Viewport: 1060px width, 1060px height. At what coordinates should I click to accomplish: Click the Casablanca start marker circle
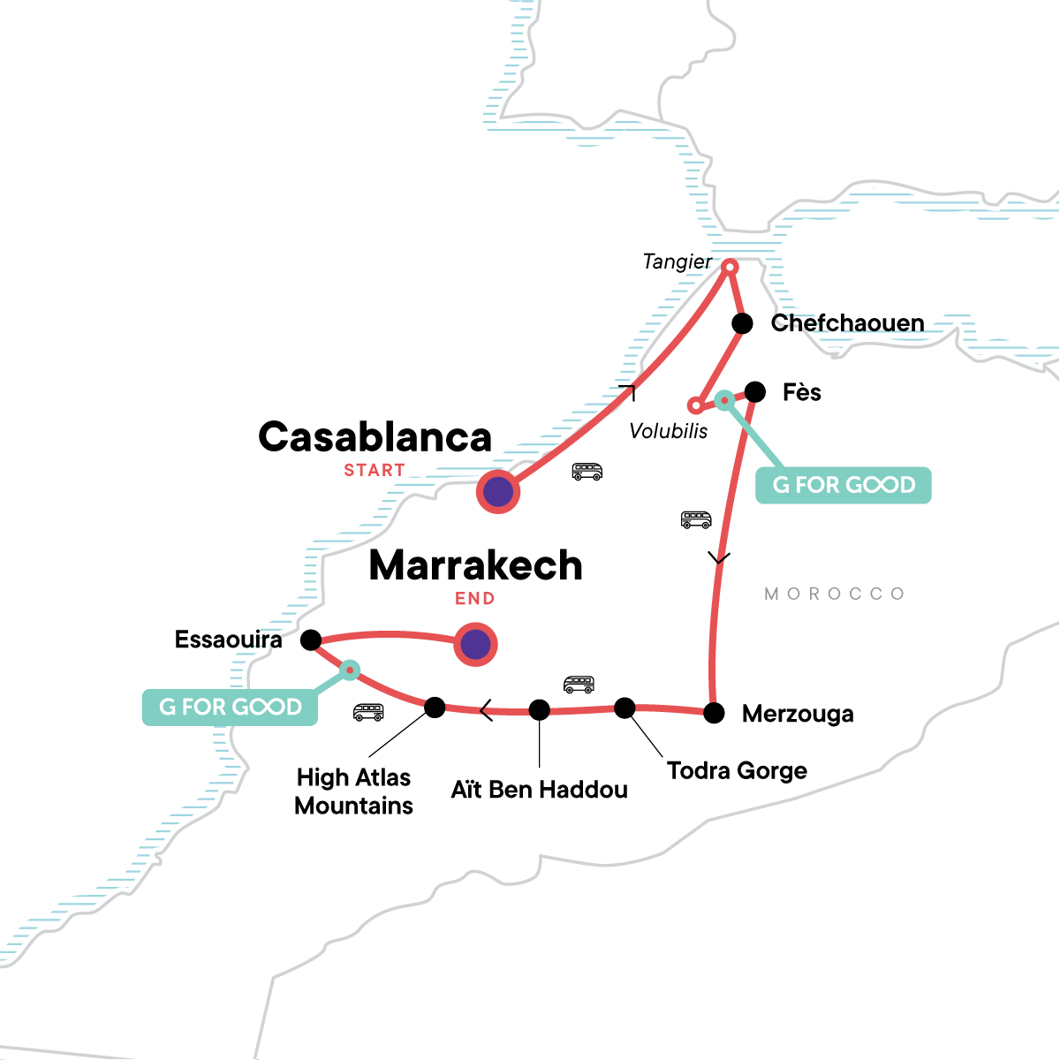coord(498,492)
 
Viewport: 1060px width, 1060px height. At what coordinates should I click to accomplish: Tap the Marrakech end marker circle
coord(475,645)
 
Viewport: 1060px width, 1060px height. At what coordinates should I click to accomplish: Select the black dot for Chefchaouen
coord(743,323)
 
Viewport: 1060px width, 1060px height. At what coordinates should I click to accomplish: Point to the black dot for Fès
coord(755,391)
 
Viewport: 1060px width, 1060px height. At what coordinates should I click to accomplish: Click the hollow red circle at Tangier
coord(731,266)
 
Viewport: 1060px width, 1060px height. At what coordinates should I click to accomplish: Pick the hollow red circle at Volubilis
coord(696,405)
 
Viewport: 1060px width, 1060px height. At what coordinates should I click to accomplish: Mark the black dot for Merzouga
coord(714,713)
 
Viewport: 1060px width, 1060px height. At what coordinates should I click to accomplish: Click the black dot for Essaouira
coord(311,640)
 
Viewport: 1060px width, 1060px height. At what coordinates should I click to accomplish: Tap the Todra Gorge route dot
coord(625,708)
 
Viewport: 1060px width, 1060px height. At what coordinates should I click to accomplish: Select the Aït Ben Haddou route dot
coord(539,709)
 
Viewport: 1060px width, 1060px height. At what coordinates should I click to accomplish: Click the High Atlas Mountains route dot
coord(435,707)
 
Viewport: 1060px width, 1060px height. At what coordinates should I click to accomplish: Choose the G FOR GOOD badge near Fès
coord(844,485)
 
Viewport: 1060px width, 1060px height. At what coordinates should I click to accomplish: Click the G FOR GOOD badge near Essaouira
coord(230,707)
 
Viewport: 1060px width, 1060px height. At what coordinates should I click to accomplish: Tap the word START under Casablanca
coord(375,471)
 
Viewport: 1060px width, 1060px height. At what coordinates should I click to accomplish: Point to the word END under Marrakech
coord(474,599)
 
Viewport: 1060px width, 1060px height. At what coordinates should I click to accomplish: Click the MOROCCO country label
coord(835,594)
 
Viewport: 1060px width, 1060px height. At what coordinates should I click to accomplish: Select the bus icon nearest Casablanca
coord(587,472)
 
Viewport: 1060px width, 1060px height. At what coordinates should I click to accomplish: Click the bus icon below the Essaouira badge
coord(368,712)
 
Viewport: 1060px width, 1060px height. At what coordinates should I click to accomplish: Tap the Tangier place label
coord(677,261)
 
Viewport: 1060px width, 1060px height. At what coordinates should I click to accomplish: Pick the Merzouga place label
coord(798,714)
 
